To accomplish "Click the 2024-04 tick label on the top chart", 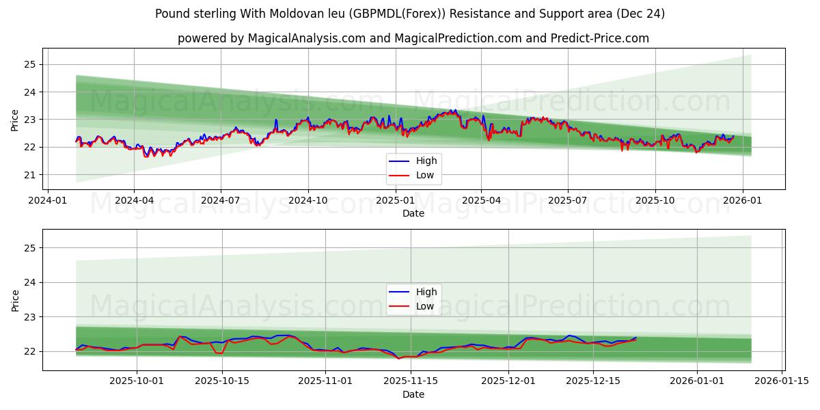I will click(134, 201).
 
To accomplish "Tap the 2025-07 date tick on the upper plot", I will click(568, 201).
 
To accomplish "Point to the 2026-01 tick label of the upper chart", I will click(742, 201).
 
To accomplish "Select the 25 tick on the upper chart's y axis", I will click(30, 64).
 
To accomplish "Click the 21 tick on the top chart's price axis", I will click(30, 175).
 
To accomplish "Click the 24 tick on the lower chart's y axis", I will click(30, 282).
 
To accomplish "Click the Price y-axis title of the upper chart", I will click(15, 120).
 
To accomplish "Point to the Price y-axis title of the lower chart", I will click(15, 300).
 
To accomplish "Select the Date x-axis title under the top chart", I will click(413, 213).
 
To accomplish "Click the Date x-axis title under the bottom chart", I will click(413, 394).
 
